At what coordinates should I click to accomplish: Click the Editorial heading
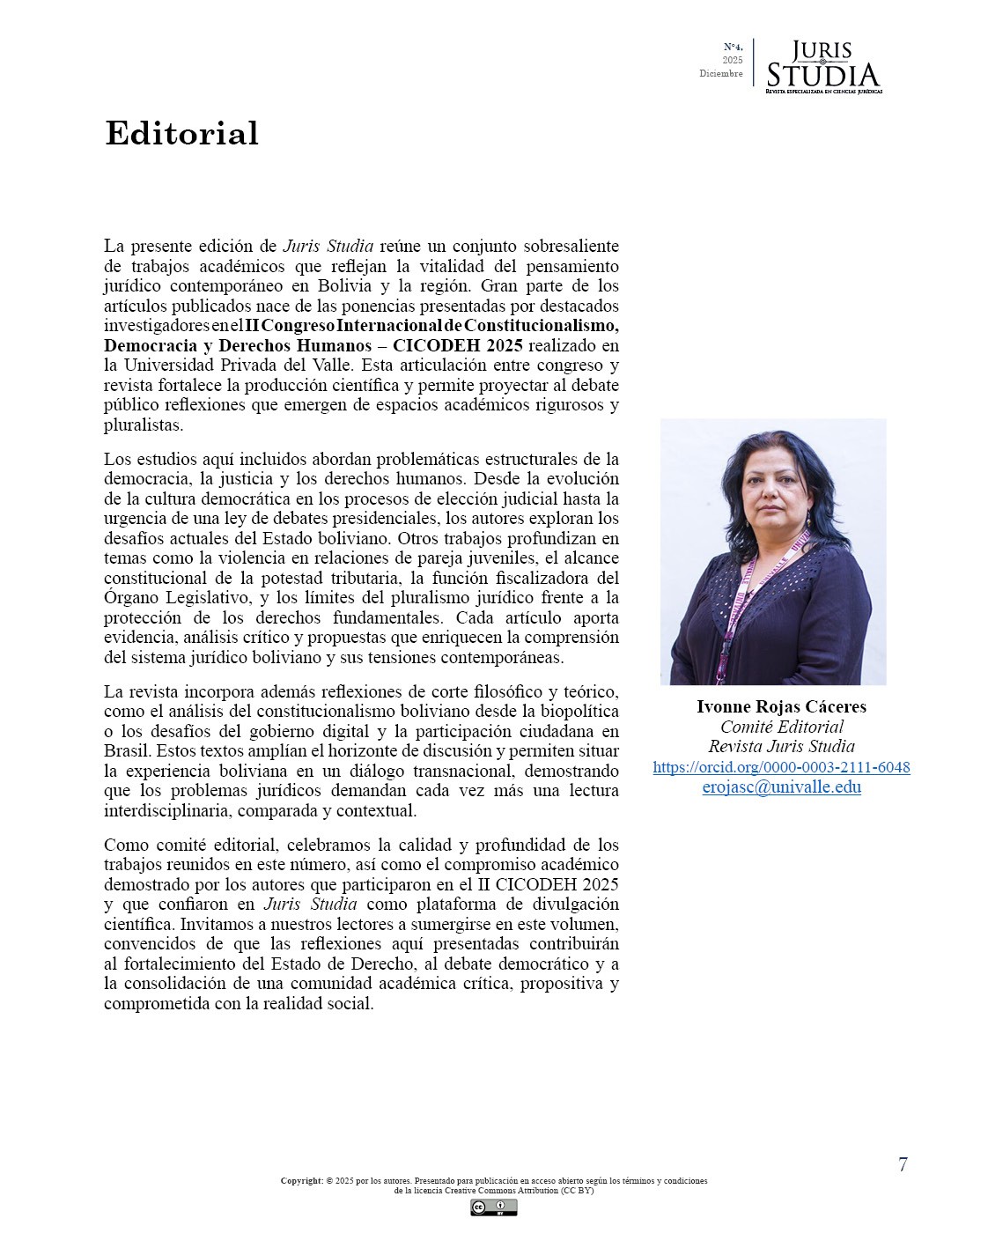pyautogui.click(x=181, y=133)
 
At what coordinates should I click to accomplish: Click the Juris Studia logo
pyautogui.click(x=822, y=67)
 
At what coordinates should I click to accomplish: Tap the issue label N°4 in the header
pyautogui.click(x=733, y=47)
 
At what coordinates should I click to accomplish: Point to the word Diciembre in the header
pyautogui.click(x=720, y=74)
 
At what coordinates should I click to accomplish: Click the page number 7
pyautogui.click(x=903, y=1164)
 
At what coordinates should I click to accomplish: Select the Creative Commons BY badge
pyautogui.click(x=493, y=1207)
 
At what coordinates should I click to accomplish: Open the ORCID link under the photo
pyautogui.click(x=781, y=767)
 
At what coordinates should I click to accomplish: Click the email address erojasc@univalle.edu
pyautogui.click(x=781, y=787)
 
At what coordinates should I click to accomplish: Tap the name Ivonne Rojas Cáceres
pyautogui.click(x=781, y=706)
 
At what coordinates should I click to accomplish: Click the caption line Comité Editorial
pyautogui.click(x=781, y=727)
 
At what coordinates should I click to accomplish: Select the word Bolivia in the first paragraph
pyautogui.click(x=344, y=285)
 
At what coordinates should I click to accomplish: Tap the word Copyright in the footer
pyautogui.click(x=302, y=1181)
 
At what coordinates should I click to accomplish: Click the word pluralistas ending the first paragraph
pyautogui.click(x=143, y=425)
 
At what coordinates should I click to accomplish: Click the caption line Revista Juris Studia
pyautogui.click(x=781, y=747)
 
